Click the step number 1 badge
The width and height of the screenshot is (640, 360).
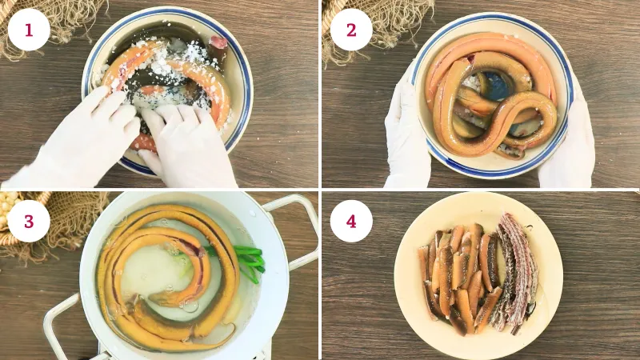(29, 30)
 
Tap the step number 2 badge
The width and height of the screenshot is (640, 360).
(351, 30)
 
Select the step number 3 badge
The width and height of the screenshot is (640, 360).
(29, 222)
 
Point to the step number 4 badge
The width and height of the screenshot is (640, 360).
(351, 222)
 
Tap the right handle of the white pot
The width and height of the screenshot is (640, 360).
(298, 229)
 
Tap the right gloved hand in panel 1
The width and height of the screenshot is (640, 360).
(184, 143)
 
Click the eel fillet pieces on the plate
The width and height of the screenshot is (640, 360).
(457, 278)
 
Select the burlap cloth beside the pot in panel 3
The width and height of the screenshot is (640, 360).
(62, 229)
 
